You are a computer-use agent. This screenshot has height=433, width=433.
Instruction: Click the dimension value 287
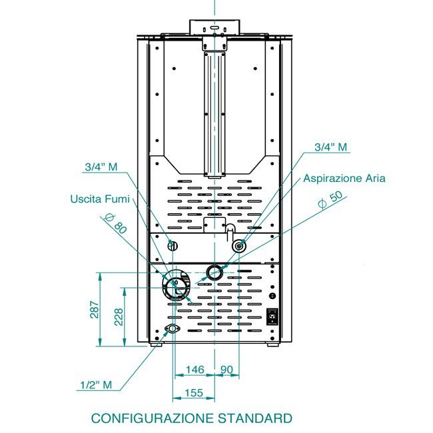coord(95,309)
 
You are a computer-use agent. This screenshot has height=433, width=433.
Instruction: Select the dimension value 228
coord(119,317)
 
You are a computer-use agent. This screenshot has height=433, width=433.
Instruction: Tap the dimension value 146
coord(195,370)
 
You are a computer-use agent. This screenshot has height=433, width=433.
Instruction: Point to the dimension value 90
coord(226,370)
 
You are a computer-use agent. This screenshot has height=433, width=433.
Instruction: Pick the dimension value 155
coord(194,392)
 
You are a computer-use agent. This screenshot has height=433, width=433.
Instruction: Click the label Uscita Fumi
coord(100,199)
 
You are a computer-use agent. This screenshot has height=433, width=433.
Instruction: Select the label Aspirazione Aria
coord(344,179)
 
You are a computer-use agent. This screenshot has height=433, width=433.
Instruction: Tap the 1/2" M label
coord(96,384)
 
